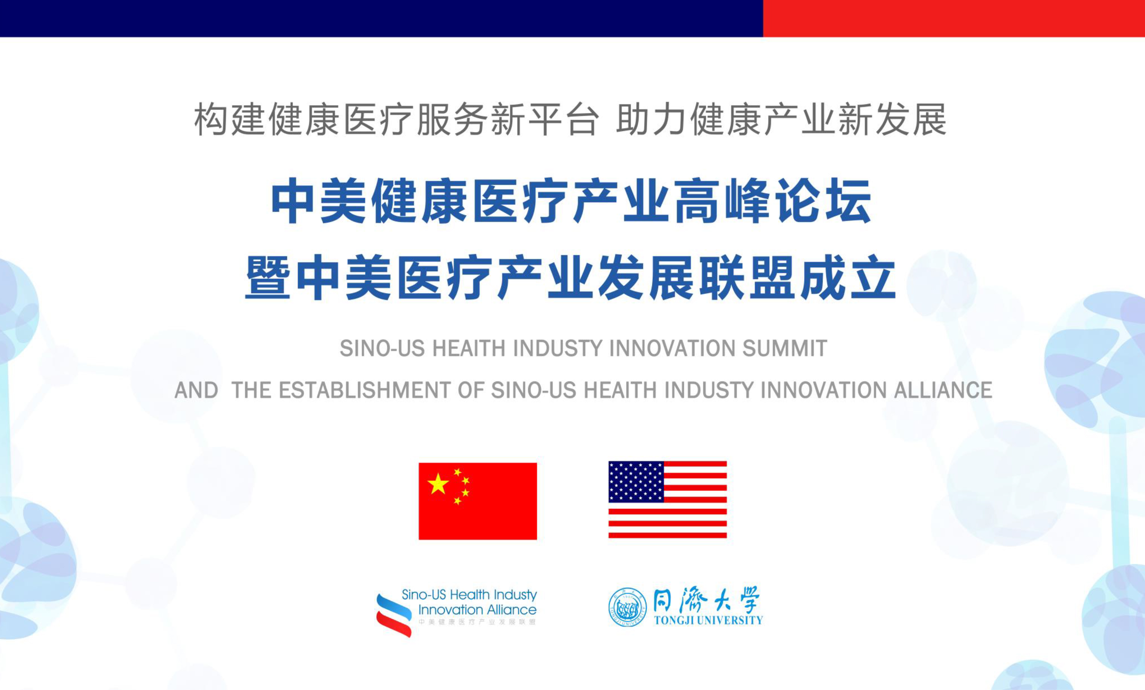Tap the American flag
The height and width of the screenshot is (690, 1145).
tap(668, 500)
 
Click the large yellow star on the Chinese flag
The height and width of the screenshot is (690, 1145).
tap(438, 484)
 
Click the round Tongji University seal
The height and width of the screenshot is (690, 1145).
tap(627, 607)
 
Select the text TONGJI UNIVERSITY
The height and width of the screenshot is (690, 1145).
tap(708, 620)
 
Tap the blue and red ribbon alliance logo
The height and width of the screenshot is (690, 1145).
tap(394, 615)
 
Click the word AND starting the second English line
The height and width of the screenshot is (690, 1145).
tap(196, 390)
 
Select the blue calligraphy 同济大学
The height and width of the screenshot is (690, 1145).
tap(706, 599)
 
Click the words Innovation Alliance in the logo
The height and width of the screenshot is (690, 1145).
tap(478, 610)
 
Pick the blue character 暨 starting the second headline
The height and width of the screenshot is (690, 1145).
tap(268, 277)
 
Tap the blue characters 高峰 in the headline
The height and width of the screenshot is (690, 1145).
tap(723, 201)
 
